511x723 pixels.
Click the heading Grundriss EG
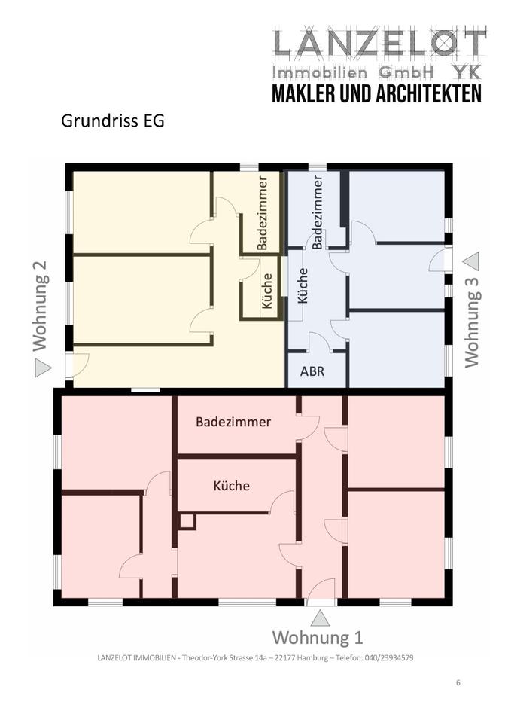tap(112, 121)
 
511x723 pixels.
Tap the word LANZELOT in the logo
tap(379, 45)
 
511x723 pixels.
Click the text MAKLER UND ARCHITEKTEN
tap(376, 93)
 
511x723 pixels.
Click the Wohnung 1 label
tap(318, 638)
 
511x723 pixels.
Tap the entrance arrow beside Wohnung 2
tap(43, 368)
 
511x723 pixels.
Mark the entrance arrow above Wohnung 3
tap(471, 261)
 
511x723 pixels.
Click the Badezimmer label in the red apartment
tap(233, 422)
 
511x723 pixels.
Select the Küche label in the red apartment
tap(231, 486)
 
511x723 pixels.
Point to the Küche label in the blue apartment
tap(303, 285)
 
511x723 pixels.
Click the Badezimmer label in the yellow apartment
tap(263, 213)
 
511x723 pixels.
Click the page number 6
tap(458, 683)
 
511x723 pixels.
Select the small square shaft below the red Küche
tap(187, 521)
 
